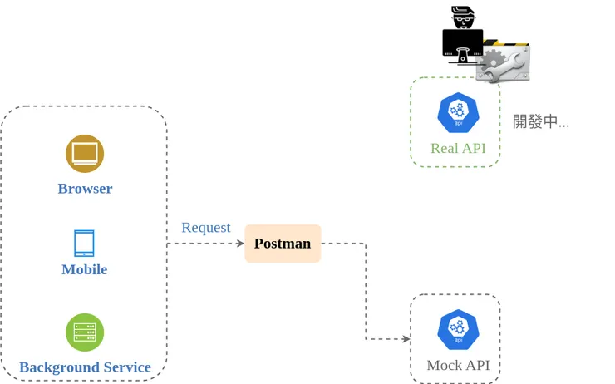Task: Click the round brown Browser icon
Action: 85,153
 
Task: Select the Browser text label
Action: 85,189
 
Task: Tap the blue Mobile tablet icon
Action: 84,244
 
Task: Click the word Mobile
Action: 84,269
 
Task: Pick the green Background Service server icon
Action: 85,332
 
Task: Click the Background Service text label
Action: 85,367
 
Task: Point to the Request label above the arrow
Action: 205,228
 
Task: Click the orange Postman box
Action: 283,244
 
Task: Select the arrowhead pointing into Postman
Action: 240,244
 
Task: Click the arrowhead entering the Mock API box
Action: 406,339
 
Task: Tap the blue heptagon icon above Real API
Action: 458,113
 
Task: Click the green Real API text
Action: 458,149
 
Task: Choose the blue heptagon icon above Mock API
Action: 458,329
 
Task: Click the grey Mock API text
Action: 458,365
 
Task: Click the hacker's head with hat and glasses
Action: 463,17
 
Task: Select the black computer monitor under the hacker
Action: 462,45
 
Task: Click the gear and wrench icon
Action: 504,62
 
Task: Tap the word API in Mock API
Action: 477,365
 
